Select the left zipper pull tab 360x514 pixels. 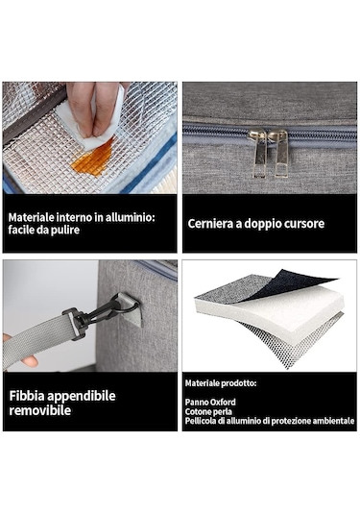258,154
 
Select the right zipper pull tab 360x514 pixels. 279,154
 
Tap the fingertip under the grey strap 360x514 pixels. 30,361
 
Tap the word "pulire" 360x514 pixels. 66,230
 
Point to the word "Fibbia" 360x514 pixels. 27,396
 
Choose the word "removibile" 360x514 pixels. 40,410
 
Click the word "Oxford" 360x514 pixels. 223,402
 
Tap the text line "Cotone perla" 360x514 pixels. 208,411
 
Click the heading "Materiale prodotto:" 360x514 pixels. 221,383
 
